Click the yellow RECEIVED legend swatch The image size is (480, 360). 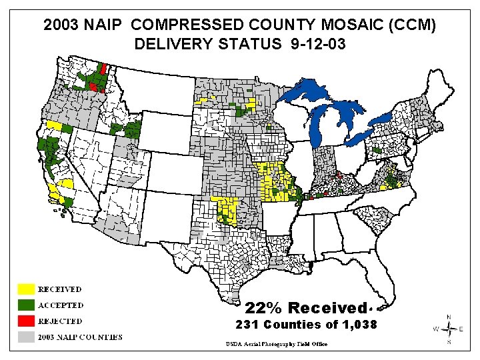pyautogui.click(x=25, y=289)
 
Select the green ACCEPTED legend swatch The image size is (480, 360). pyautogui.click(x=25, y=305)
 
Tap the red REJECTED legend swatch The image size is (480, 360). pyautogui.click(x=25, y=321)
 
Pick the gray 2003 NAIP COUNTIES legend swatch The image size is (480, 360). pyautogui.click(x=25, y=336)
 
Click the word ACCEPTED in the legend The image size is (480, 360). pyautogui.click(x=61, y=305)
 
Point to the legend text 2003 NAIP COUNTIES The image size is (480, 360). pyautogui.click(x=79, y=337)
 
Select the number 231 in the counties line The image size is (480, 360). pyautogui.click(x=248, y=325)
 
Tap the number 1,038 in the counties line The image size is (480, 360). pyautogui.click(x=360, y=325)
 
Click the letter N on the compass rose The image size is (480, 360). pyautogui.click(x=449, y=317)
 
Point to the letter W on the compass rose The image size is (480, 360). pyautogui.click(x=437, y=329)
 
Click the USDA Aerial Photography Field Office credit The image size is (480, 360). pyautogui.click(x=276, y=344)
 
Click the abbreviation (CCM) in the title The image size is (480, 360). pyautogui.click(x=413, y=25)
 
